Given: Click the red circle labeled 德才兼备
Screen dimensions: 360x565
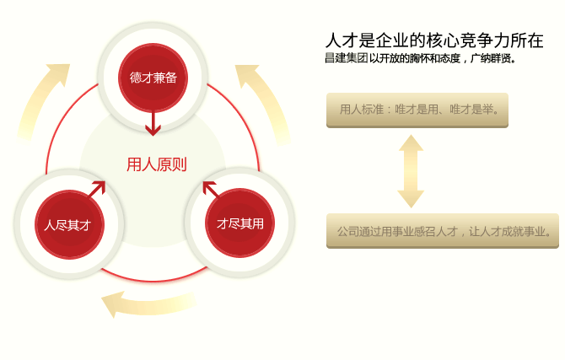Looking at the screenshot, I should click(153, 78).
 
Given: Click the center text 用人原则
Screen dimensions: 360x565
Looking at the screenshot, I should click(156, 164).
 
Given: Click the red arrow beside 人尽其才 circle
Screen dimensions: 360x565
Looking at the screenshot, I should click(97, 188).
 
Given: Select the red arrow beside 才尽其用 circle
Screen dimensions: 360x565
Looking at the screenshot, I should click(210, 188).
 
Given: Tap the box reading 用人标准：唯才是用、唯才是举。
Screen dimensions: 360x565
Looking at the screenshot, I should click(417, 110).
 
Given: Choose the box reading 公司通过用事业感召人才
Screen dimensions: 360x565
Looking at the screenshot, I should click(443, 230).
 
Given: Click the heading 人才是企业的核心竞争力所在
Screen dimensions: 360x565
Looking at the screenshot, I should click(434, 40).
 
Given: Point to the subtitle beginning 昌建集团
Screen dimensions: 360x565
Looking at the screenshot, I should click(419, 59).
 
